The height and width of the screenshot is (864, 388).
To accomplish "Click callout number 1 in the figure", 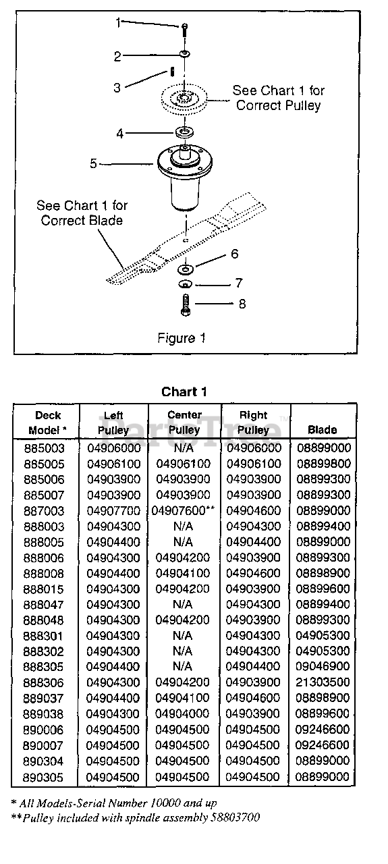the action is (118, 23).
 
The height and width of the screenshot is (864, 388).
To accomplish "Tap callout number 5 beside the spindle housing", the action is (93, 163).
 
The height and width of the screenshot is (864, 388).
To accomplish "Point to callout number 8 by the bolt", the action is (242, 304).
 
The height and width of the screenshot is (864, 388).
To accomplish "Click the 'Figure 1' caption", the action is (182, 338).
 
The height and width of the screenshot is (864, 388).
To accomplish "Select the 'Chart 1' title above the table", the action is (184, 392).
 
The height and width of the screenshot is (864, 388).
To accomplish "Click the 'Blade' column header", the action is (323, 430).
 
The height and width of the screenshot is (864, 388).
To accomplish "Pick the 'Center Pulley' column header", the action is (184, 423).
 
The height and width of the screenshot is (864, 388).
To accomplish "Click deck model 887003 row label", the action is (44, 511).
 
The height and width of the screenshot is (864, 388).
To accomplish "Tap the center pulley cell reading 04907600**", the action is (183, 511).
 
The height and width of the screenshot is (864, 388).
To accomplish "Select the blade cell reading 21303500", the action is (323, 682).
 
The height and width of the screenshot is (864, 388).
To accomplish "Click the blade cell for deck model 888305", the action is (323, 666).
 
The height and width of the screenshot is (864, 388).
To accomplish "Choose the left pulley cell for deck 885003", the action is (114, 448).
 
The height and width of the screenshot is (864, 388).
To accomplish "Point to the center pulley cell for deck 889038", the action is (182, 713).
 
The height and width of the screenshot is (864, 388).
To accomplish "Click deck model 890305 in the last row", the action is (43, 777).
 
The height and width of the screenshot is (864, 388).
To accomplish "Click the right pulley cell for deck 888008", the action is (253, 573).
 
